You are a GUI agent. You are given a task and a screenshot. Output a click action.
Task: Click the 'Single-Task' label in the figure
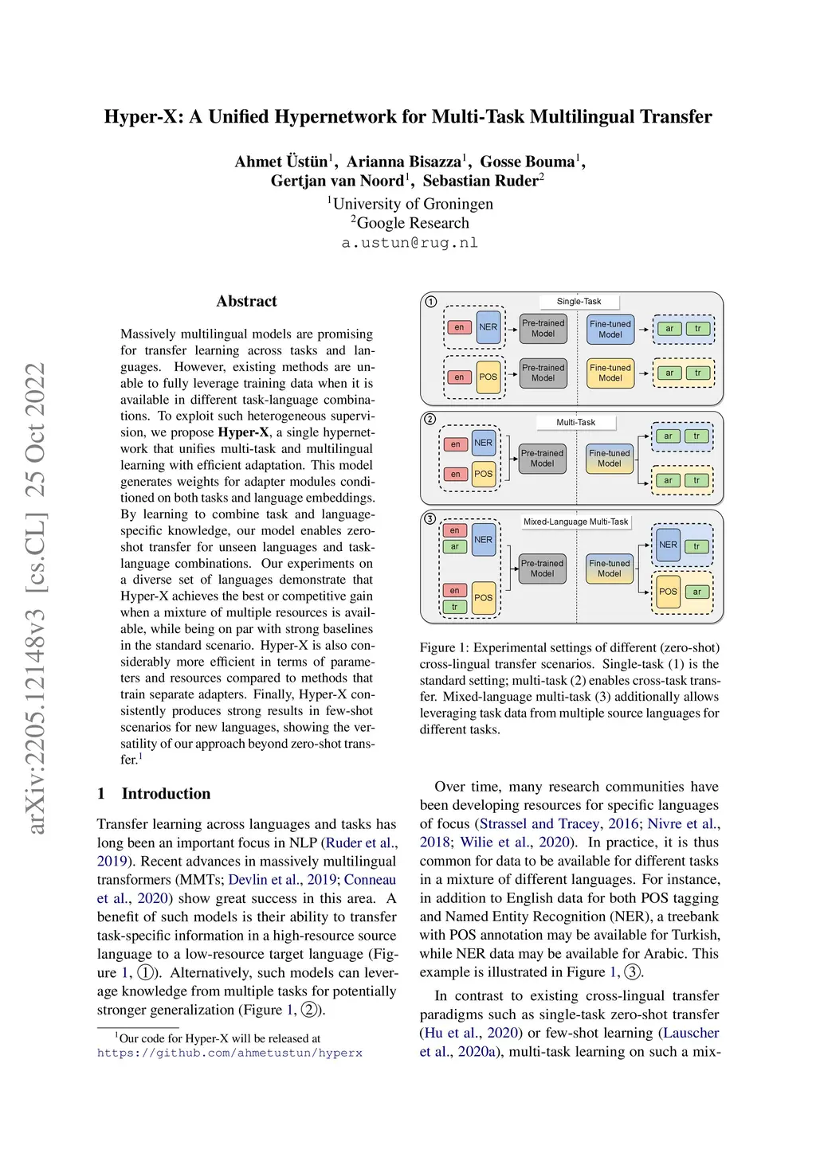pyautogui.click(x=579, y=302)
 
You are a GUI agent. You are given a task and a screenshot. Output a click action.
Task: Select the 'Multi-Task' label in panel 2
pyautogui.click(x=575, y=422)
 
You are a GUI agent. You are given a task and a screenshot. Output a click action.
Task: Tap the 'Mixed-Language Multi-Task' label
pyautogui.click(x=575, y=522)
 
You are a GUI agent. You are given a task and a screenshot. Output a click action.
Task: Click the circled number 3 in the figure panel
pyautogui.click(x=430, y=518)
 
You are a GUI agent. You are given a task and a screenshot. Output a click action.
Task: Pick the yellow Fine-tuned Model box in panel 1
pyautogui.click(x=610, y=373)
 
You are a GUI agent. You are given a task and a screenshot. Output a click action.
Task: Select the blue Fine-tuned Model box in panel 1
pyautogui.click(x=610, y=329)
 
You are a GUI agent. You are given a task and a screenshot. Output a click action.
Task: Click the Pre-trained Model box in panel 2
pyautogui.click(x=542, y=458)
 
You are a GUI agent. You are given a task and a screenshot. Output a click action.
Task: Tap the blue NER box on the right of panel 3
pyautogui.click(x=668, y=545)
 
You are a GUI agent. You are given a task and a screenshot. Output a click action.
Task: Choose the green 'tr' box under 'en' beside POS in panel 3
pyautogui.click(x=454, y=607)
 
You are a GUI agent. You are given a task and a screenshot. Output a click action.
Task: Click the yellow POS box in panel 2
pyautogui.click(x=483, y=473)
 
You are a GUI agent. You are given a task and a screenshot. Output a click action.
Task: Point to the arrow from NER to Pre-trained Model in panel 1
pyautogui.click(x=512, y=328)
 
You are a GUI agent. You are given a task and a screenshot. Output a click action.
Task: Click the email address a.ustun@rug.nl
pyautogui.click(x=410, y=243)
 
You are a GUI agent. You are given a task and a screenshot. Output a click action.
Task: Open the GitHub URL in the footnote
pyautogui.click(x=229, y=1053)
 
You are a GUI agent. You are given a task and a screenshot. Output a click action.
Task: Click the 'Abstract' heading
pyautogui.click(x=247, y=301)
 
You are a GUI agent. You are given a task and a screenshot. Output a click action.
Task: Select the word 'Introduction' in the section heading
pyautogui.click(x=166, y=793)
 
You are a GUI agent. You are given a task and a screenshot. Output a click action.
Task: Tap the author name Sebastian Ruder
pyautogui.click(x=481, y=181)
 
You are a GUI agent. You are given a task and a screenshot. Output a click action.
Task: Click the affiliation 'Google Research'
pyautogui.click(x=413, y=223)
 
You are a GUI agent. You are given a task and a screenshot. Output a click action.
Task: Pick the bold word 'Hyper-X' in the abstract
pyautogui.click(x=243, y=432)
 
